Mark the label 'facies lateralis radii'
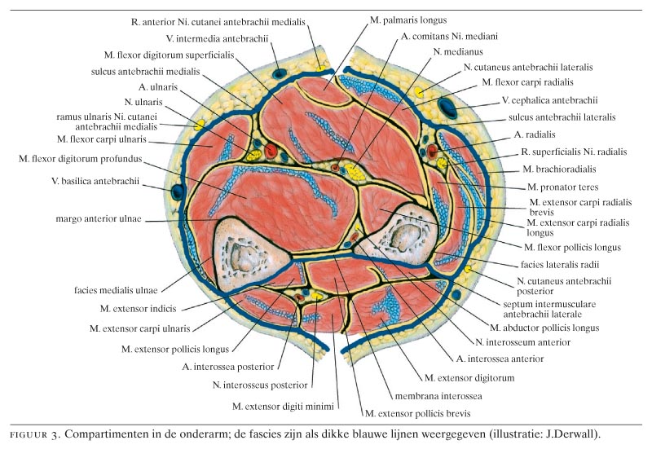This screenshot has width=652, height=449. (x=558, y=264)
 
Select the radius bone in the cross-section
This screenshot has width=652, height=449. (x=405, y=236)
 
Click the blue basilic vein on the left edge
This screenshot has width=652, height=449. (x=178, y=192)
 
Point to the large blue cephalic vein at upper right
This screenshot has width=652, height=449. (x=448, y=105)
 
